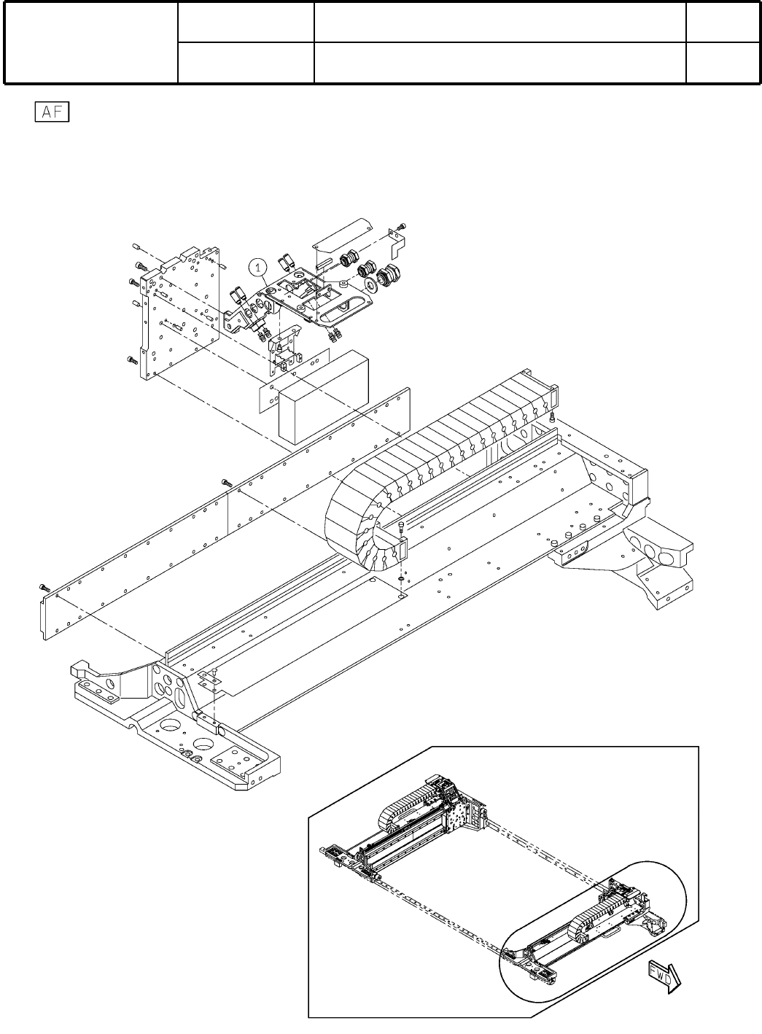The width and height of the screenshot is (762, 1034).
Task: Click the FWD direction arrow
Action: pyautogui.click(x=664, y=976)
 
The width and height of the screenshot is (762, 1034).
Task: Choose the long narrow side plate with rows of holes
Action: pyautogui.click(x=219, y=510)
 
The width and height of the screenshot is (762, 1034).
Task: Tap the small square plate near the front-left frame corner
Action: pyautogui.click(x=210, y=680)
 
